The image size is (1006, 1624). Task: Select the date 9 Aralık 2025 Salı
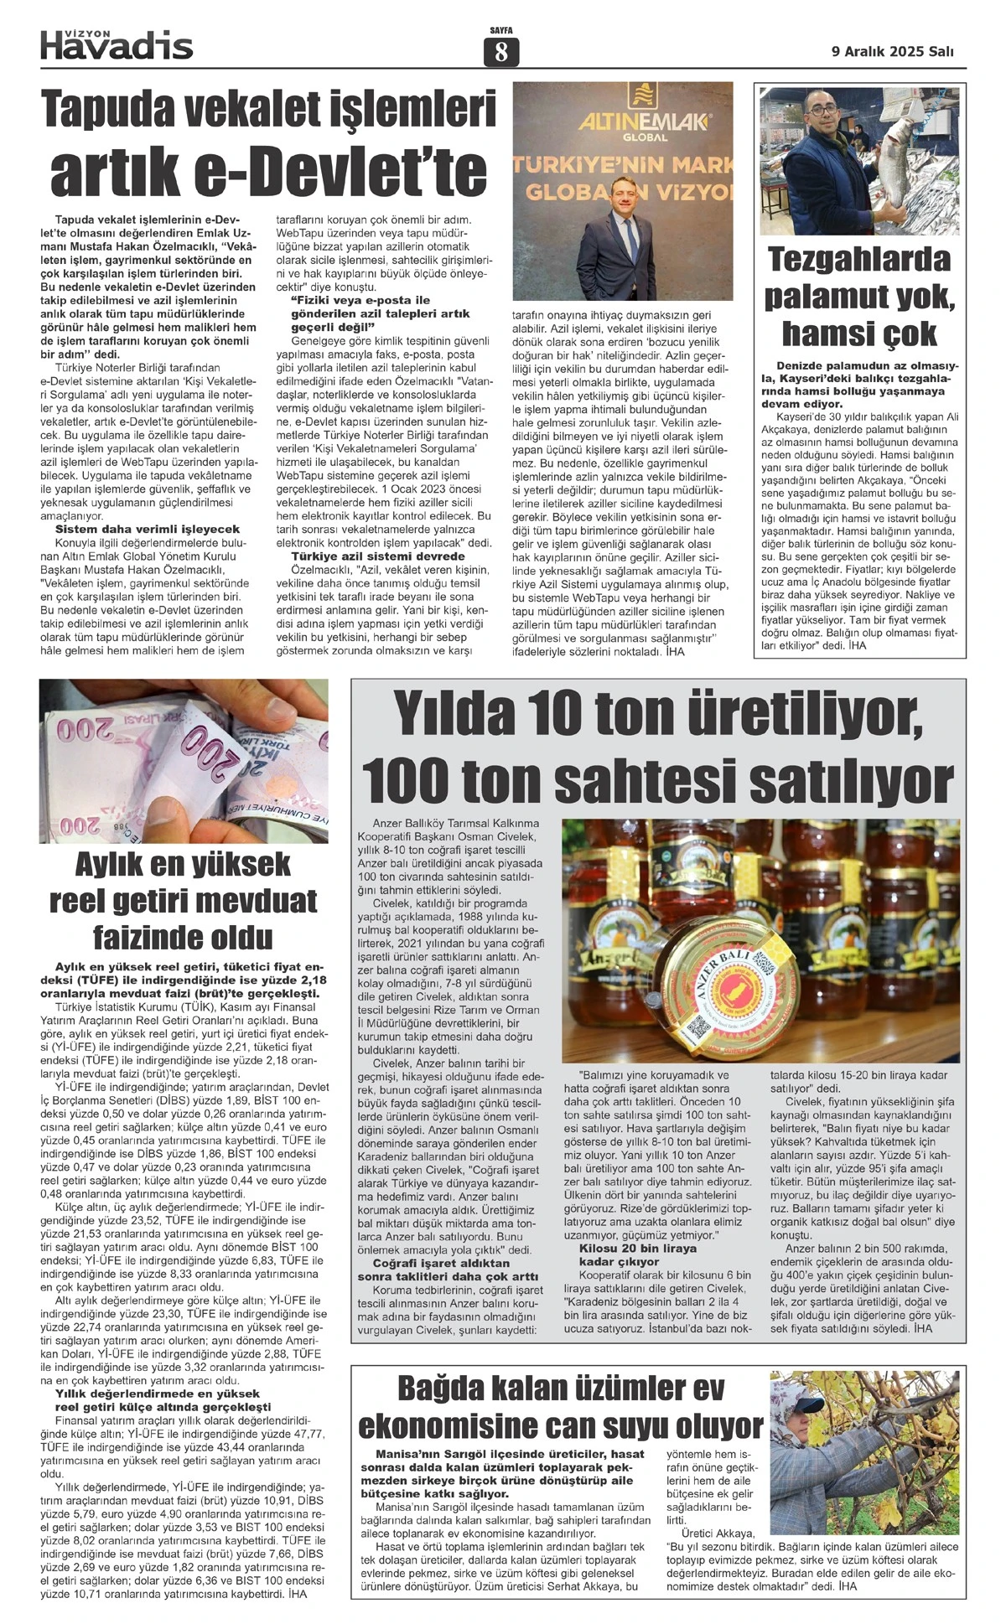pyautogui.click(x=892, y=51)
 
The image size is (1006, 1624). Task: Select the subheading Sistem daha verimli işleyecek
pyautogui.click(x=147, y=529)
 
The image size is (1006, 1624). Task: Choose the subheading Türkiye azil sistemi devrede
pyautogui.click(x=376, y=556)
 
